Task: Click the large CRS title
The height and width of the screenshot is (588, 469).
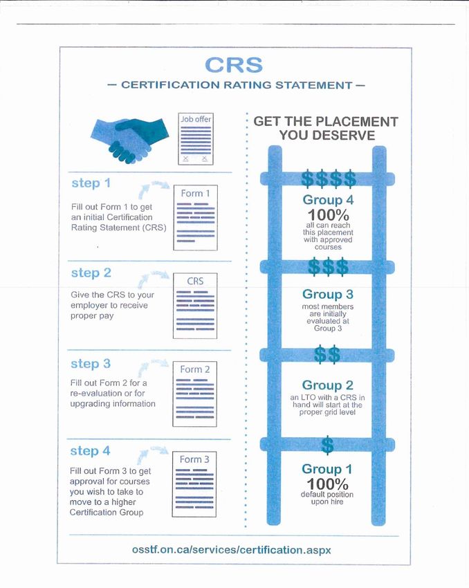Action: point(234,65)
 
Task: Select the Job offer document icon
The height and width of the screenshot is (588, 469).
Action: point(196,139)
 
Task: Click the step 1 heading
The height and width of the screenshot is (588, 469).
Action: point(91,183)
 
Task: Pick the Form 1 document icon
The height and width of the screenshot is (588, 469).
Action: point(194,215)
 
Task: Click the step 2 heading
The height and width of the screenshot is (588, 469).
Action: point(91,273)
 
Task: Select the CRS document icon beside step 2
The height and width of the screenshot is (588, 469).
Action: point(194,305)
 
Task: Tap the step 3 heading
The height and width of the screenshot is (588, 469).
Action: point(91,363)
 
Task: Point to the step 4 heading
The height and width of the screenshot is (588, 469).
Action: point(91,450)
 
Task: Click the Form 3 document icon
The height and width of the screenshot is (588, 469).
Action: point(194,483)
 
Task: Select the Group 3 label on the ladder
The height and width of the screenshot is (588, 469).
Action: point(328,294)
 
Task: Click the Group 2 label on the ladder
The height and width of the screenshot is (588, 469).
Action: point(328,385)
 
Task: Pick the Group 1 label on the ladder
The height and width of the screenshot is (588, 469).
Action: point(322,470)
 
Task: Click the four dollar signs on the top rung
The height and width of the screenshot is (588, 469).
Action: point(329,179)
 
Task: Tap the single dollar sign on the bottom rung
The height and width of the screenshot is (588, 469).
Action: point(328,443)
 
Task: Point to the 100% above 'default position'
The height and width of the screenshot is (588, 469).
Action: point(327,484)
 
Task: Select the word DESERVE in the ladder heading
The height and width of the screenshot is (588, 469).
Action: point(327,136)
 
